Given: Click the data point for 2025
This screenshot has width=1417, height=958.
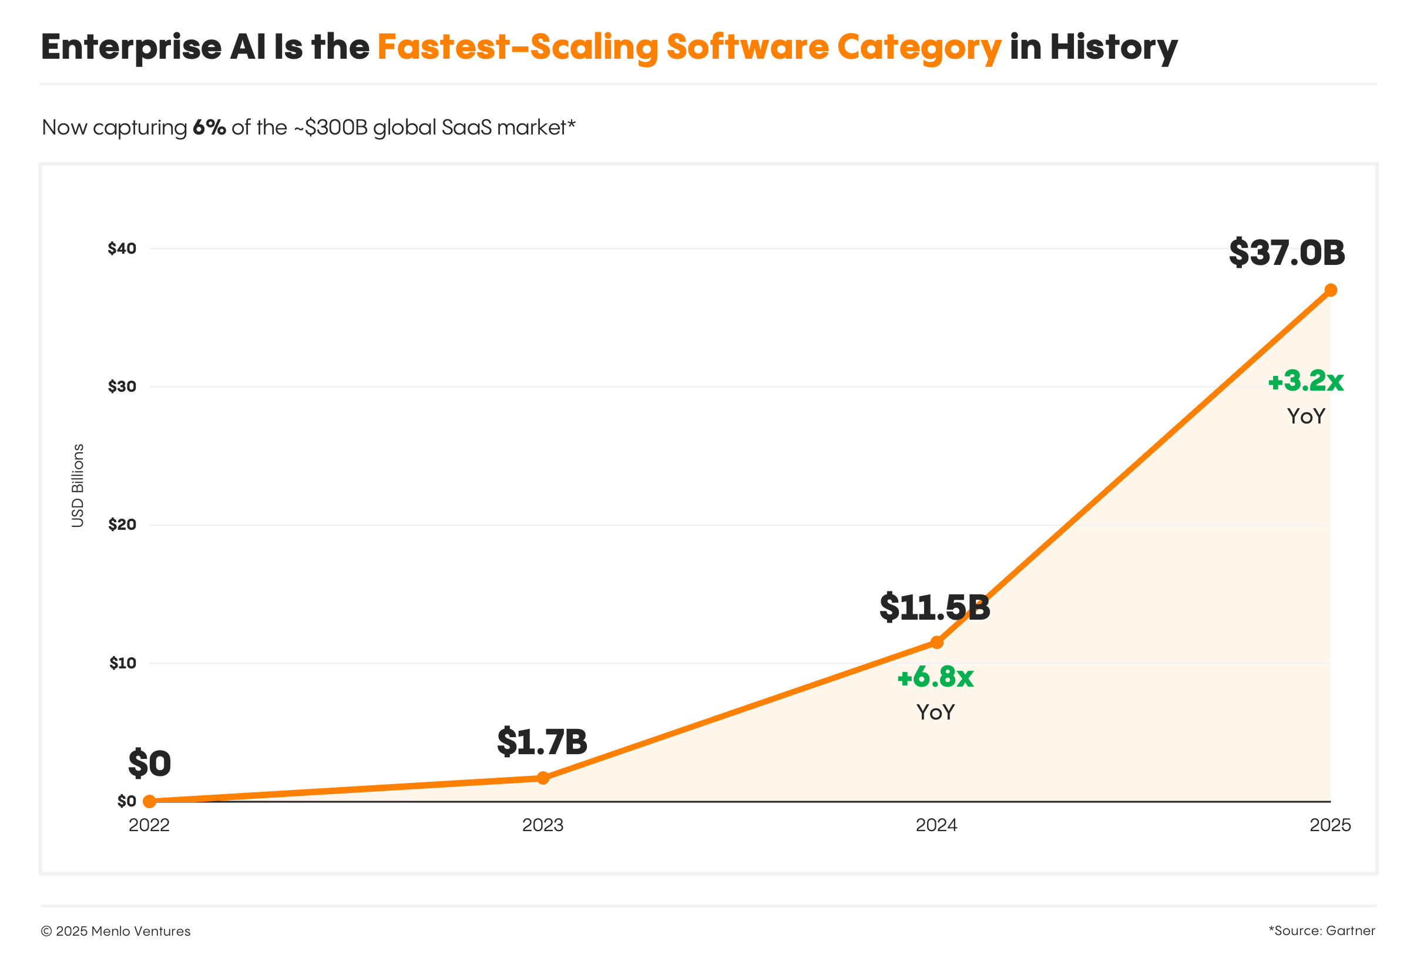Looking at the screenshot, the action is tap(1331, 290).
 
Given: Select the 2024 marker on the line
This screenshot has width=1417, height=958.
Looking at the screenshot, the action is tap(936, 643).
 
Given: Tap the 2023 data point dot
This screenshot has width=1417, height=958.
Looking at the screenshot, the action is tap(543, 778).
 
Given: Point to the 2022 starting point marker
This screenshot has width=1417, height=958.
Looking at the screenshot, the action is tap(149, 801).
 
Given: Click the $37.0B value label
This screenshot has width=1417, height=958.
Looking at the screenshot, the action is tap(1287, 253).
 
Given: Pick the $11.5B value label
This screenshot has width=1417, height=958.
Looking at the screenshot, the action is tap(935, 607).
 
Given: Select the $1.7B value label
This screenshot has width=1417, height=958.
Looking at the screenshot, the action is tap(542, 741).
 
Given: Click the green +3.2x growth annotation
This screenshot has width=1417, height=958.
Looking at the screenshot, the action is tap(1305, 381).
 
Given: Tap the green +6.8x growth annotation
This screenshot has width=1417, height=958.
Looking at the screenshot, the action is tap(935, 677).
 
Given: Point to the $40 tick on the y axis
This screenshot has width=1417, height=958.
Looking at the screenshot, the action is tap(122, 248).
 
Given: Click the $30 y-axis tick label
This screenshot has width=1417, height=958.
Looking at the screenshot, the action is tap(122, 386).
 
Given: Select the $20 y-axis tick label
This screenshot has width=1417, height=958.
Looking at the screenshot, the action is tap(122, 525).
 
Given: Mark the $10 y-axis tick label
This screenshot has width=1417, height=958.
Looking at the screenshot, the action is tap(123, 663).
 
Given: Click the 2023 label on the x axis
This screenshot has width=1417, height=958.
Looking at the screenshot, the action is tap(543, 825).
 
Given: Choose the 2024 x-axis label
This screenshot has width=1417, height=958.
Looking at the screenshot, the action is tap(936, 825).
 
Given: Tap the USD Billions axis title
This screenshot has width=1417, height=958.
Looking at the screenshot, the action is tap(78, 485).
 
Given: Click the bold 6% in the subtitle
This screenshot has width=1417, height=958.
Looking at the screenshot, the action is tap(209, 127).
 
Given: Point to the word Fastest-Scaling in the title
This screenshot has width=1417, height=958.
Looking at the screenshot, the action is tap(518, 47).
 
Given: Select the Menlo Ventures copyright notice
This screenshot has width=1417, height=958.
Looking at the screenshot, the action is tap(116, 931).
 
